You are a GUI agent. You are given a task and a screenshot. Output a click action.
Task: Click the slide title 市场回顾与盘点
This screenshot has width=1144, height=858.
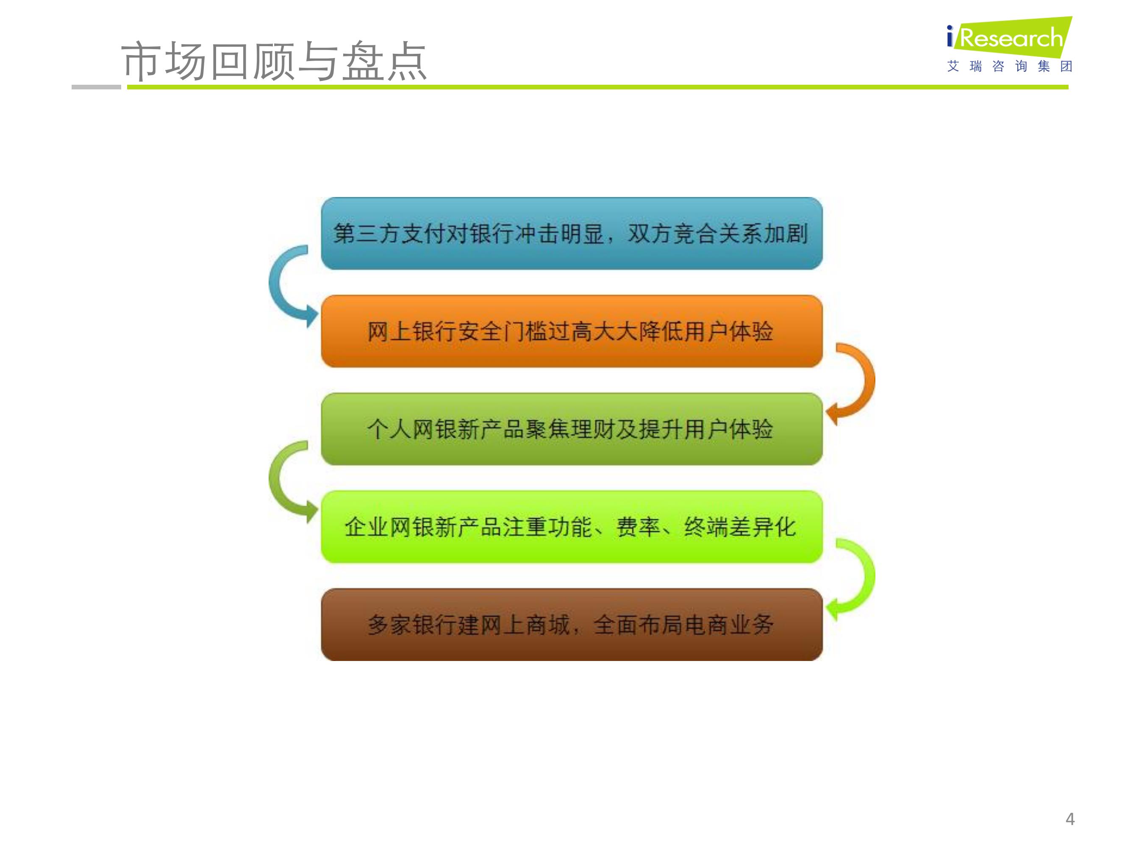tap(274, 61)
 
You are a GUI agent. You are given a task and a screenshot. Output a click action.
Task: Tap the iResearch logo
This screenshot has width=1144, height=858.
tap(1009, 36)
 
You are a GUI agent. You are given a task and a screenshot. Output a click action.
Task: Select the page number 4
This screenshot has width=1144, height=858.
tap(1070, 819)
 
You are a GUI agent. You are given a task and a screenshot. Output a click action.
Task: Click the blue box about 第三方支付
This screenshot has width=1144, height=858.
tap(572, 233)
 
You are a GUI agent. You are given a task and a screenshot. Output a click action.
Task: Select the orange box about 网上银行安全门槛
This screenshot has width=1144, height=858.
tap(572, 331)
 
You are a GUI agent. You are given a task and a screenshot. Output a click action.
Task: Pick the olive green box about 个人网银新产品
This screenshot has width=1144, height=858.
tap(572, 429)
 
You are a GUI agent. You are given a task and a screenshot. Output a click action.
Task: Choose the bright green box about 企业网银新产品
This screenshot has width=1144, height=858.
tap(572, 527)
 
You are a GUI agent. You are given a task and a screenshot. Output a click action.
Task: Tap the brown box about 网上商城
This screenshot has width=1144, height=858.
tap(572, 624)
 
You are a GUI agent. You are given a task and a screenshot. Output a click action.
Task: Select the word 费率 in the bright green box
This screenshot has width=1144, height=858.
tap(638, 527)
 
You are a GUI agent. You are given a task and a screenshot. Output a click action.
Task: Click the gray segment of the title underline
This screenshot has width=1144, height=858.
tap(96, 87)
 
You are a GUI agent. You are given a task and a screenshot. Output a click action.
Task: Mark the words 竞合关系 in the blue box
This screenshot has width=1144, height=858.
tap(718, 233)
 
